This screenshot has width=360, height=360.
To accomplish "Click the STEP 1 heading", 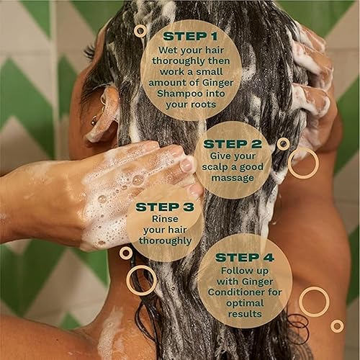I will click(191, 35).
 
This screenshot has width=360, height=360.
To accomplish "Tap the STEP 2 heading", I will click(232, 143).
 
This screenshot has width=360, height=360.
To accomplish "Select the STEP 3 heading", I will click(164, 206).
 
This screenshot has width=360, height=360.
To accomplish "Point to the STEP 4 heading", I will click(244, 257).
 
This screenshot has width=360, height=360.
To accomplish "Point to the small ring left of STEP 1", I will click(140, 31).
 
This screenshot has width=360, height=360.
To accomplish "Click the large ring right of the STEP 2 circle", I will click(303, 163).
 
